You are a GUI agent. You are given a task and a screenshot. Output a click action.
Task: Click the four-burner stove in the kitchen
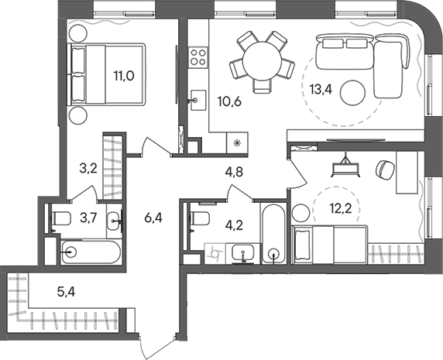click(x=197, y=57)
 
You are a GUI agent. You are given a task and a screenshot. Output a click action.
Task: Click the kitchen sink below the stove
click(x=197, y=98)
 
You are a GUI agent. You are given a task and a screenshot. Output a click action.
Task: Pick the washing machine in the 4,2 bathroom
click(x=218, y=252)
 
